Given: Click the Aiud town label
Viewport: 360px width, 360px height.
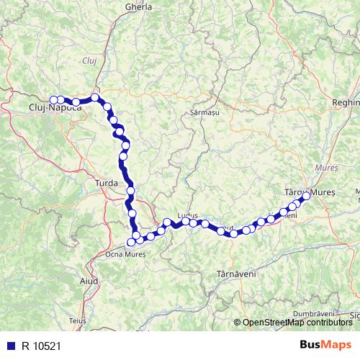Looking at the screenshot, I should click(x=88, y=279).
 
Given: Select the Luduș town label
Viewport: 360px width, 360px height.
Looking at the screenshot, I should click(x=186, y=215).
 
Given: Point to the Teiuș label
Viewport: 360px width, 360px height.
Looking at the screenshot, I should click(x=78, y=319).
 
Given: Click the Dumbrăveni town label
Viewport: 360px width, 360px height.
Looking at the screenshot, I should click(x=315, y=314).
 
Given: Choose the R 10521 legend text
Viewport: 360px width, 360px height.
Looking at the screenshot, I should click(x=40, y=346).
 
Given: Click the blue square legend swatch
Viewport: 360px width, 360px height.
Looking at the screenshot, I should click(x=10, y=346).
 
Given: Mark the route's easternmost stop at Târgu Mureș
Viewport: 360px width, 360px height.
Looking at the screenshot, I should click(x=306, y=195).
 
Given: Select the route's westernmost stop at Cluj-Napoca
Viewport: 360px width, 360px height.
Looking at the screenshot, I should click(x=53, y=101).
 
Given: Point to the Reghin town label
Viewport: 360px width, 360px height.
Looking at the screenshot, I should click(x=346, y=104).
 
